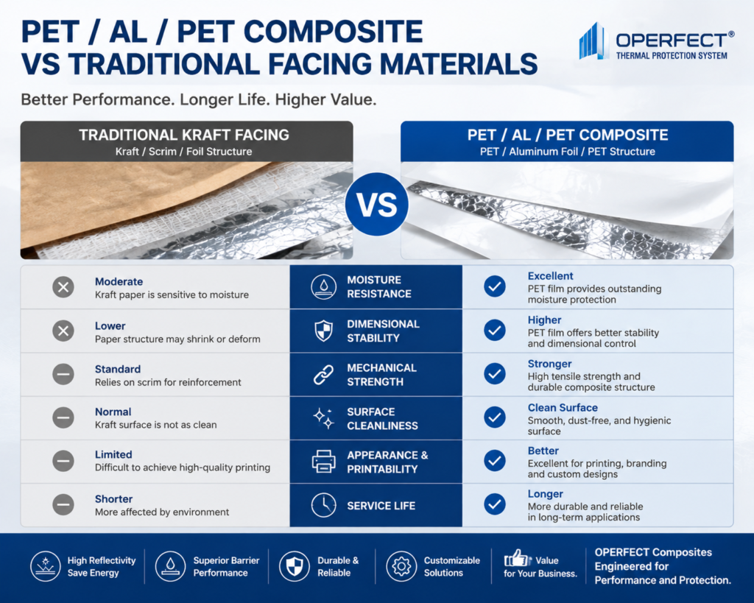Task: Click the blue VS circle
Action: point(376,205)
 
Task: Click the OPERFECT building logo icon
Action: point(591,41)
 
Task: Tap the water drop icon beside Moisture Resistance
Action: point(324,287)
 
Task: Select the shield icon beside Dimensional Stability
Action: point(324,331)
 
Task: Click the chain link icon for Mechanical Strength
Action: point(324,375)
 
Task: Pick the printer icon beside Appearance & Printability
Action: point(324,462)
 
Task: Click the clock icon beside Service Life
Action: point(324,505)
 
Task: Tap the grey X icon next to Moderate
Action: point(63,288)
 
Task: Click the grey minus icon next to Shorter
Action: point(63,505)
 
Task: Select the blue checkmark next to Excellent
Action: point(494,286)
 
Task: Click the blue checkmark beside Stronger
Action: point(494,374)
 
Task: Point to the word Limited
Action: point(113,454)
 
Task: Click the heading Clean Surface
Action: point(563,408)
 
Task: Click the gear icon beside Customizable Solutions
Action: point(401,566)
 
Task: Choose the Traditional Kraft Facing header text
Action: point(184,135)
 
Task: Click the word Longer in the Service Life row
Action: point(546,494)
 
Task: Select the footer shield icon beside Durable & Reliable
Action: point(295,566)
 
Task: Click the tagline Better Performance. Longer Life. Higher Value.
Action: point(199,99)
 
